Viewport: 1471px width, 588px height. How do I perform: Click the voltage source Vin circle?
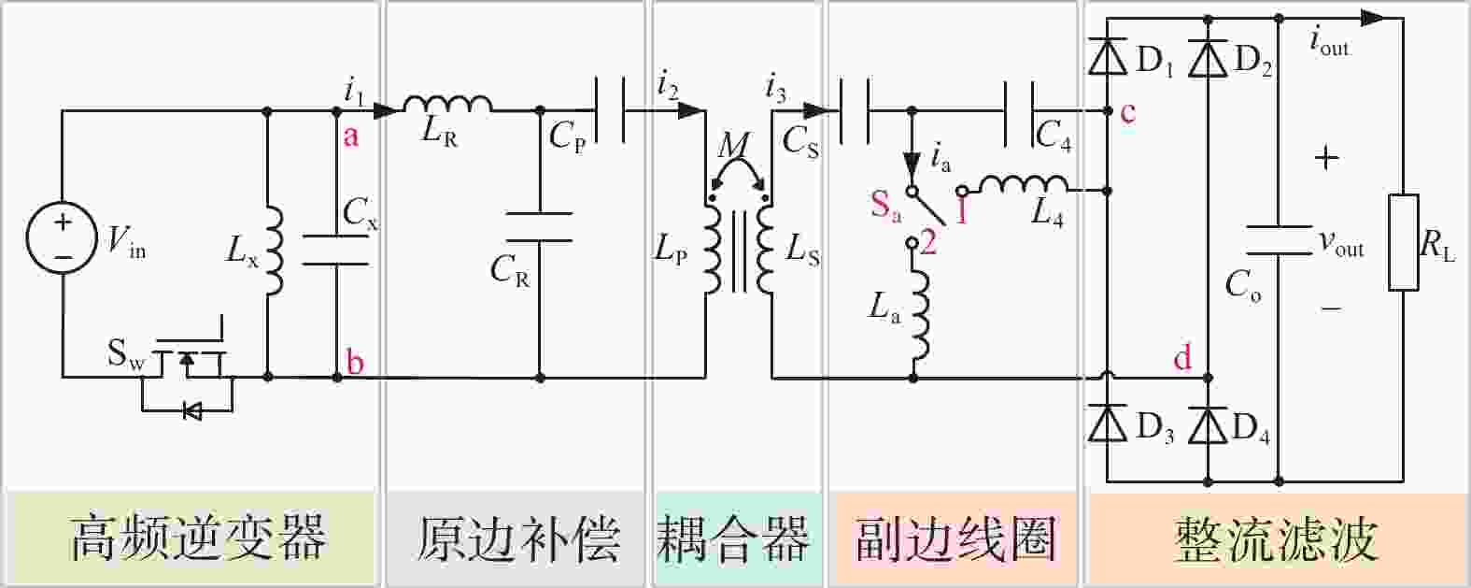62,237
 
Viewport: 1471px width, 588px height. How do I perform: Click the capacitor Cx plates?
335,251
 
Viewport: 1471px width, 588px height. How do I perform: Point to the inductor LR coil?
447,104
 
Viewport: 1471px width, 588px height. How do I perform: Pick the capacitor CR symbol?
539,227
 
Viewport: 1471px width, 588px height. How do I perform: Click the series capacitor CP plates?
609,110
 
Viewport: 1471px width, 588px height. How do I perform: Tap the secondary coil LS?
765,251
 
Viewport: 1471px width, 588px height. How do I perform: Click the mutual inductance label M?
731,146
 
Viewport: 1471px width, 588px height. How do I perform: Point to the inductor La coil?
920,315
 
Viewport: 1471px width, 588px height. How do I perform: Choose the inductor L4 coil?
1024,184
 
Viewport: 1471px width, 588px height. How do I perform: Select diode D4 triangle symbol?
1209,424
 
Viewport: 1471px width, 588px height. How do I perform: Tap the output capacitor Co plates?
1279,240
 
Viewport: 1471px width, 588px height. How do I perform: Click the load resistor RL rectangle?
1404,242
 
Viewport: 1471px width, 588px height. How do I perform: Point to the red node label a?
351,136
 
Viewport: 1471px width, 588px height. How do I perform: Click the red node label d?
1182,357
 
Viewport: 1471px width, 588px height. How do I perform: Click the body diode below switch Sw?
193,411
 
